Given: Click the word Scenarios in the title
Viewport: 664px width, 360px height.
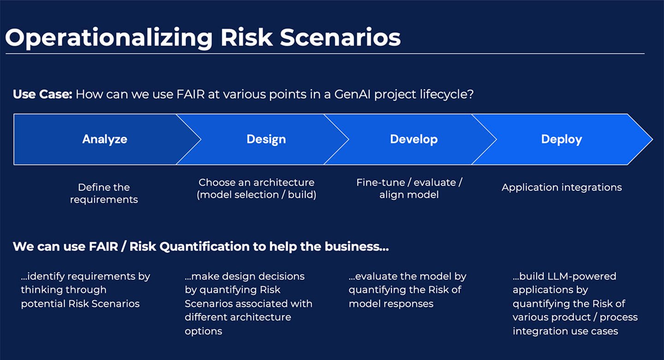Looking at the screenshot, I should (340, 38).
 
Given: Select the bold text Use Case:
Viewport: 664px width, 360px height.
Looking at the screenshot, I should (42, 94).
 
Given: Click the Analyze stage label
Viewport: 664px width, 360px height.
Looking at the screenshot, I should (105, 139).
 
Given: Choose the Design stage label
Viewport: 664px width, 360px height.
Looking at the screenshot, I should (266, 139).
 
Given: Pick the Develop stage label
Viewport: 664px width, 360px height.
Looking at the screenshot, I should (414, 139).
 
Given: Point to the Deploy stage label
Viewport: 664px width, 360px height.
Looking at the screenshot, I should (561, 139).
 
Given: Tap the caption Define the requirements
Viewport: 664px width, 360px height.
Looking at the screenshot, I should (104, 193).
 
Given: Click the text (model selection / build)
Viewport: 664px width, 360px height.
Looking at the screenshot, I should (256, 195).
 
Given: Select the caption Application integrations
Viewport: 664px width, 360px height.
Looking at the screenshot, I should (562, 188).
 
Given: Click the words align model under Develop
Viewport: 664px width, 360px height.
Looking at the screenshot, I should (409, 195).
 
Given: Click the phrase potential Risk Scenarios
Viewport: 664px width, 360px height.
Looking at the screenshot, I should (80, 304).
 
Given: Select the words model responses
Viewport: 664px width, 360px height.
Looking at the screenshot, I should (391, 304).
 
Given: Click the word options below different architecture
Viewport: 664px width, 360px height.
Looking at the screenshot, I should (203, 331).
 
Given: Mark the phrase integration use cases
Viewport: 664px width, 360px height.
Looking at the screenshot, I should (565, 331).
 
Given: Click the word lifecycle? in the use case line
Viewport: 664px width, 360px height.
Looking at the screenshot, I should (451, 94).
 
